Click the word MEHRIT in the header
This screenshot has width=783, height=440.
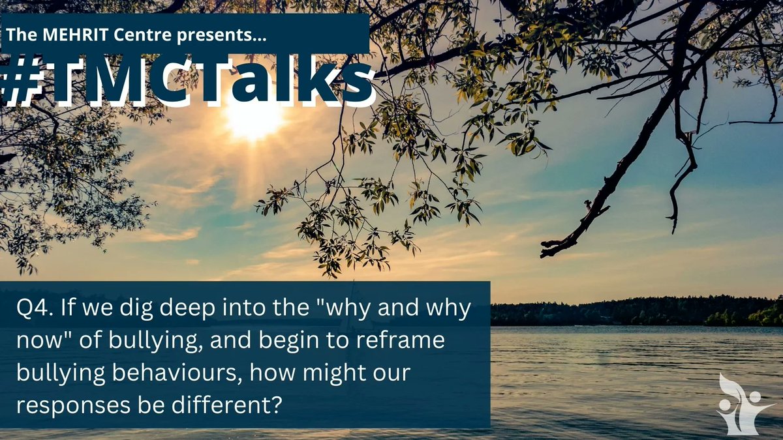(x=72, y=38)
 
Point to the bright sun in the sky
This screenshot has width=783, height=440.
(x=254, y=117)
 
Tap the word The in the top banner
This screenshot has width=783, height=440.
(x=20, y=38)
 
